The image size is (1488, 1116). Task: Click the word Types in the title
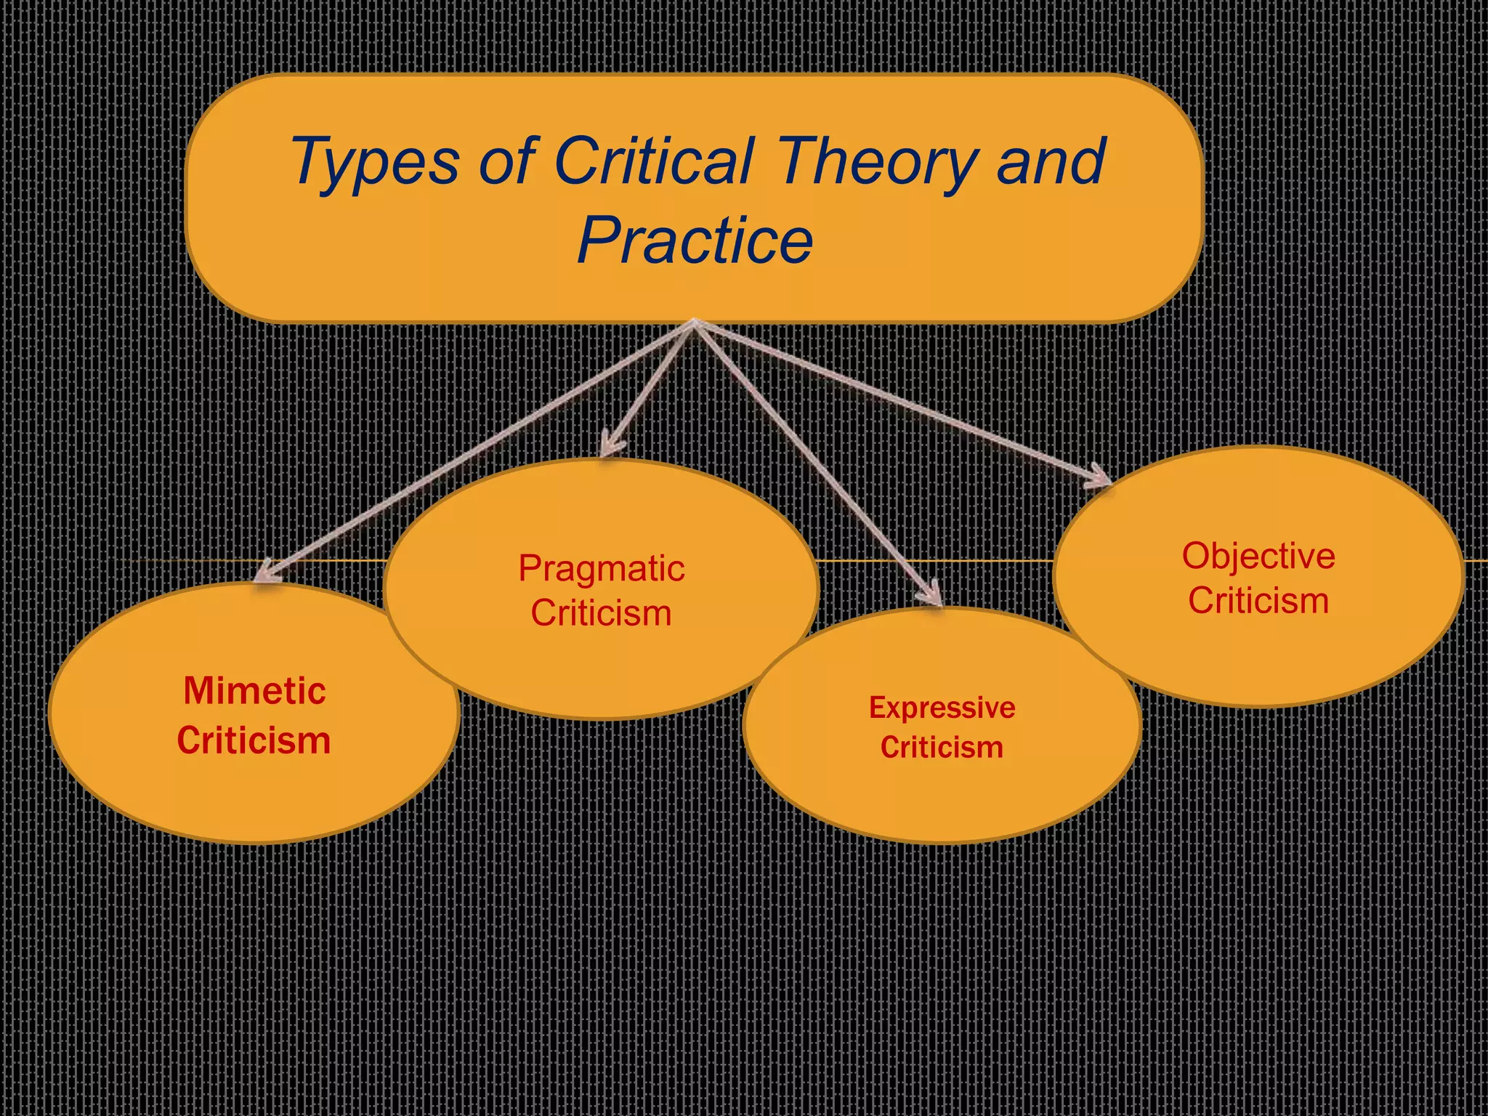tap(374, 163)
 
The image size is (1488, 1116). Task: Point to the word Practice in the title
tap(695, 240)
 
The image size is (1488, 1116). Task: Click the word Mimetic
tap(254, 690)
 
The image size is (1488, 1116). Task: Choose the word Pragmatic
tap(601, 568)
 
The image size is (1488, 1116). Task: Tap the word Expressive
tap(942, 708)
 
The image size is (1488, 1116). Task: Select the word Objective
tap(1258, 557)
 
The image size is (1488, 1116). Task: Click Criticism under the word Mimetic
tap(254, 740)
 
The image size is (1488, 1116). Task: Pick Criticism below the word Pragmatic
tap(601, 612)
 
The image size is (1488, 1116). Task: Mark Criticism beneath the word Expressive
tap(942, 748)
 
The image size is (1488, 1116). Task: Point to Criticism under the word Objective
tap(1258, 601)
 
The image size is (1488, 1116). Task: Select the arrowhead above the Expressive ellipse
tap(932, 594)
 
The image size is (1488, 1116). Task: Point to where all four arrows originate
tap(695, 323)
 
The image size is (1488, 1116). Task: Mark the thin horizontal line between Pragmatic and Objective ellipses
tap(937, 562)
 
